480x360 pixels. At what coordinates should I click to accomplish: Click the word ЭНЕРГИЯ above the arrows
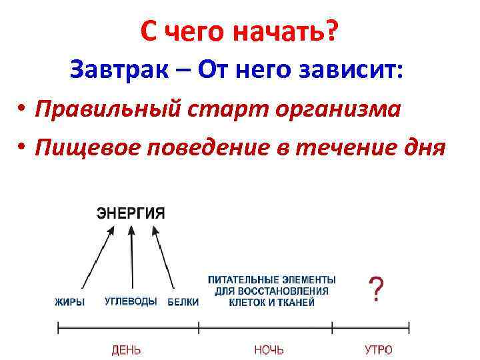[131, 213]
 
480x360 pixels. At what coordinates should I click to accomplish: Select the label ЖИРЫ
[69, 302]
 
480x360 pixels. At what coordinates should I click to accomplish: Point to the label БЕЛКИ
[183, 302]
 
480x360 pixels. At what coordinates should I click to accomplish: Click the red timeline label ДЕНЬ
[125, 349]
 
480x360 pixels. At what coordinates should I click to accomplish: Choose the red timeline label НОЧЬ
[269, 349]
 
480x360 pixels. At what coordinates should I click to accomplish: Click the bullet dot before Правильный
[22, 109]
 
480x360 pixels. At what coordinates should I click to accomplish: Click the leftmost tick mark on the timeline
[58, 328]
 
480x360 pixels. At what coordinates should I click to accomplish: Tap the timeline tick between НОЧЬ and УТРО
[331, 328]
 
